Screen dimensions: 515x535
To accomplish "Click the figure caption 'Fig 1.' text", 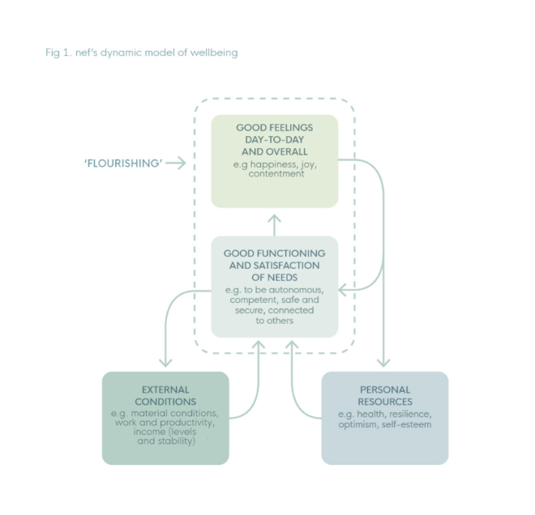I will [59, 53].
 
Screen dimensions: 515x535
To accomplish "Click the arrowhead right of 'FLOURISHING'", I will [182, 163].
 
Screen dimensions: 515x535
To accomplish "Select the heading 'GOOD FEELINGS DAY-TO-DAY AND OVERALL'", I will [274, 139].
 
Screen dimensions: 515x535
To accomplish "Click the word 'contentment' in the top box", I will [275, 174].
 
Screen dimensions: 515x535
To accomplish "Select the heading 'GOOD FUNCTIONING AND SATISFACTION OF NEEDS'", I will [274, 266].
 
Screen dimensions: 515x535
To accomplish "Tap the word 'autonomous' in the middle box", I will [297, 289].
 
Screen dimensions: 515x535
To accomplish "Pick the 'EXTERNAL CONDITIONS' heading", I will [165, 395].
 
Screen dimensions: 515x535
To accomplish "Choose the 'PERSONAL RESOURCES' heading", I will [384, 395].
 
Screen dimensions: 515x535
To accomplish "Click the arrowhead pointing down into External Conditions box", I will [165, 363].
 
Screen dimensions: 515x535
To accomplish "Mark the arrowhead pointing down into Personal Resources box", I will [384, 363].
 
